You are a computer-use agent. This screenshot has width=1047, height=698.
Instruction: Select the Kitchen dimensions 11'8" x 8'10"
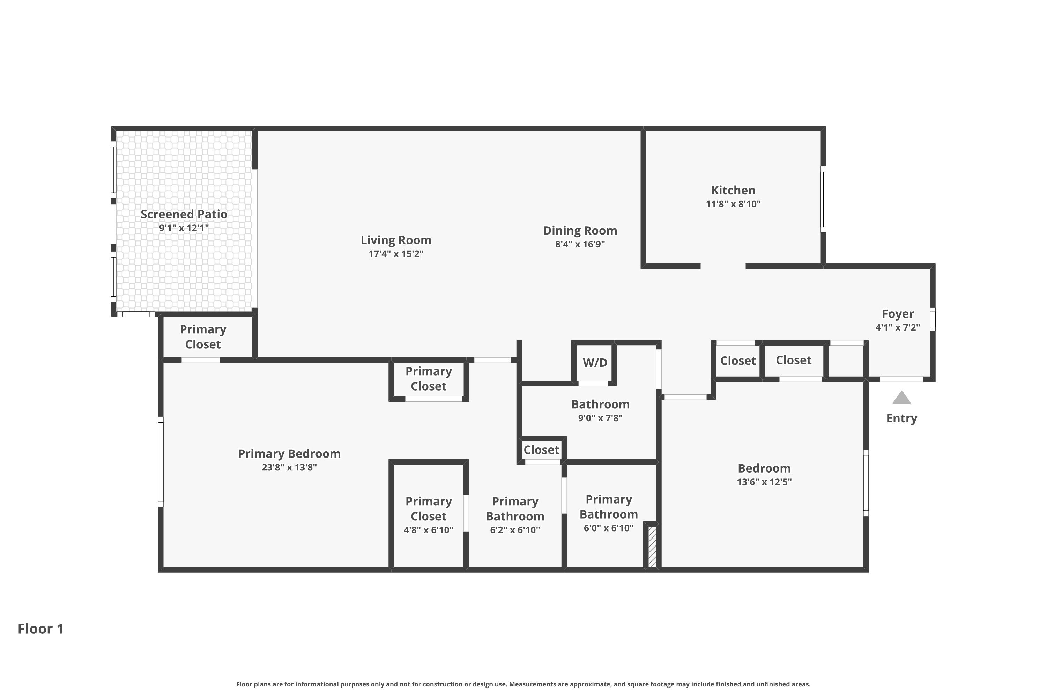733,204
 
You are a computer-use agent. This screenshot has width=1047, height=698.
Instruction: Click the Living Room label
396,240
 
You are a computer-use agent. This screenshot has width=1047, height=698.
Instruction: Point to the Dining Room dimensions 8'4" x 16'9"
580,244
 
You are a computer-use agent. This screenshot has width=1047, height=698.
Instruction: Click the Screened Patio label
184,214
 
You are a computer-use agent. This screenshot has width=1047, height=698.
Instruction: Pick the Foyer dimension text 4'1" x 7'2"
897,327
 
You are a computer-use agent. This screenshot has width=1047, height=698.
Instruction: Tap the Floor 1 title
41,629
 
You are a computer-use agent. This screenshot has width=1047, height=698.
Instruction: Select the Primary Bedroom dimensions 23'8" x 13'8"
289,467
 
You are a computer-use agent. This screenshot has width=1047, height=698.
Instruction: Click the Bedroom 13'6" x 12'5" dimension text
764,482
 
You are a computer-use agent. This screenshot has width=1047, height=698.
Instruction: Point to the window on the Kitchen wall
824,199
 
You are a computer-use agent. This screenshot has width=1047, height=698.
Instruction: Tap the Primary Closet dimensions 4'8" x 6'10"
428,530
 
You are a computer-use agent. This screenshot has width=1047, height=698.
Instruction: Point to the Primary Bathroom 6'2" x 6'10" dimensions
515,530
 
